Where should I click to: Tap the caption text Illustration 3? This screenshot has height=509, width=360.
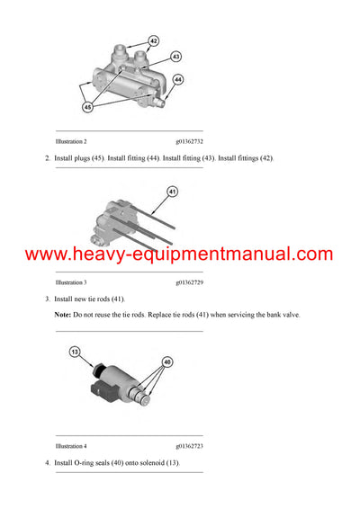click(x=71, y=281)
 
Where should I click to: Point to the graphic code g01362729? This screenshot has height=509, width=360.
click(x=190, y=281)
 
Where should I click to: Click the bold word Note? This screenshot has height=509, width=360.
click(x=64, y=314)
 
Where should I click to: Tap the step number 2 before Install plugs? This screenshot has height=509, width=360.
click(x=47, y=158)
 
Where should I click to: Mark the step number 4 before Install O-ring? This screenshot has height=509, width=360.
click(x=47, y=462)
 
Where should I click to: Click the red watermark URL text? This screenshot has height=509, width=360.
click(x=180, y=254)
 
